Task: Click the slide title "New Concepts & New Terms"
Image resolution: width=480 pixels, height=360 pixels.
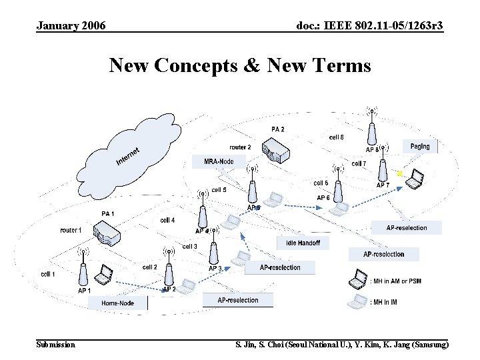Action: [x=240, y=65]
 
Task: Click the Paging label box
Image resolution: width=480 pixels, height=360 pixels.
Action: [x=420, y=146]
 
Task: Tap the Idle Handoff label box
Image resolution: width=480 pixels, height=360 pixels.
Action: [x=303, y=243]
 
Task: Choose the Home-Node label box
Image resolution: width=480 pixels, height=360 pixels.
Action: [x=117, y=303]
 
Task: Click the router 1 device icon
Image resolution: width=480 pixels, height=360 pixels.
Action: [x=107, y=234]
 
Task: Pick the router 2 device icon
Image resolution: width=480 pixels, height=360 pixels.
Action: [x=276, y=151]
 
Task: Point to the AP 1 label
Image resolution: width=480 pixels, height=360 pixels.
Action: [x=84, y=291]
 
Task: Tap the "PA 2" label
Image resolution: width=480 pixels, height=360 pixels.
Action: [x=278, y=129]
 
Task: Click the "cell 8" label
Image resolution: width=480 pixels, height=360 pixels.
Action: [x=337, y=137]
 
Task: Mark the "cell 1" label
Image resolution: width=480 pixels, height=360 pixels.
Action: [x=48, y=274]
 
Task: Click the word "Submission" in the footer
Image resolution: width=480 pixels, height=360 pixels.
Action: [x=55, y=344]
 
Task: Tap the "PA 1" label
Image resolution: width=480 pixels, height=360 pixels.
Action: [x=108, y=213]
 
